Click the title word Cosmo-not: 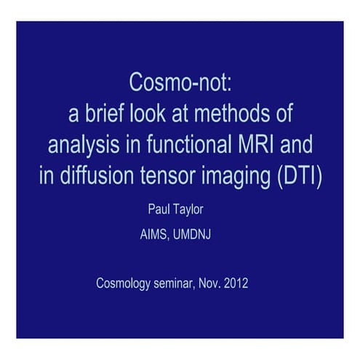[x=180, y=83]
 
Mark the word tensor [x=163, y=177]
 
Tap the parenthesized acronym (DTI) [x=295, y=177]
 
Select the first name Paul [x=159, y=211]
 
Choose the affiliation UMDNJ [x=196, y=235]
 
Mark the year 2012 [x=236, y=284]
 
